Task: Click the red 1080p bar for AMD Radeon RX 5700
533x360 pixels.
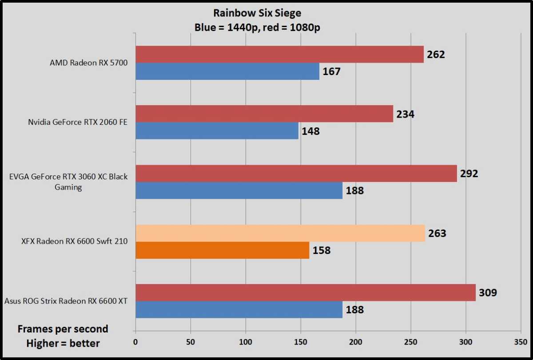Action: click(x=279, y=54)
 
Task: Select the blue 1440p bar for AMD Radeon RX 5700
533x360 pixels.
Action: click(x=227, y=71)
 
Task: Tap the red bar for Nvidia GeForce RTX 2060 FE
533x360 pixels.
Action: click(x=264, y=114)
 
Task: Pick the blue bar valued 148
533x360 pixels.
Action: click(x=217, y=131)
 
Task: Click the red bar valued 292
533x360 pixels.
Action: click(x=296, y=173)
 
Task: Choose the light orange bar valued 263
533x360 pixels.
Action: click(x=280, y=233)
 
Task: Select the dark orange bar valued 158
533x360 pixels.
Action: click(x=223, y=250)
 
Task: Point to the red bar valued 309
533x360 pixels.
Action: click(x=306, y=293)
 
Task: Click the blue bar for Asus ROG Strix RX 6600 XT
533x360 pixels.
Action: click(x=239, y=309)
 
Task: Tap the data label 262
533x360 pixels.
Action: click(x=436, y=55)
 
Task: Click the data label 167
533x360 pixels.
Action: click(x=331, y=71)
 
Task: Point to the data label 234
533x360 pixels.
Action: click(x=405, y=114)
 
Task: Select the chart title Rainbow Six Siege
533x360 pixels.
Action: click(x=258, y=14)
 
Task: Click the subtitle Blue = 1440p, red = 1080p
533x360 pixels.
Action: click(x=258, y=28)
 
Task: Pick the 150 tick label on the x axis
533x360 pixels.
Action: click(x=301, y=342)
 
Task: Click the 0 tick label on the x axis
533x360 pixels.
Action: click(x=135, y=342)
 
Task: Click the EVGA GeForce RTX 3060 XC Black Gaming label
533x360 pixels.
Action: click(x=68, y=182)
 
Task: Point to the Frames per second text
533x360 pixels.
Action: click(x=63, y=329)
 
